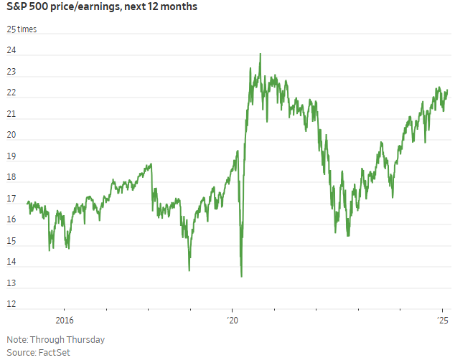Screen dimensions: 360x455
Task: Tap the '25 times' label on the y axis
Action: tap(22, 29)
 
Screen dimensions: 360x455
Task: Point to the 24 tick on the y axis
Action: tap(11, 52)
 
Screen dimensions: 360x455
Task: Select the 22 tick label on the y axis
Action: tap(11, 94)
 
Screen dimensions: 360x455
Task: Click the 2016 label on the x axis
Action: tap(64, 320)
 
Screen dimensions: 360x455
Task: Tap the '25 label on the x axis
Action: tap(443, 320)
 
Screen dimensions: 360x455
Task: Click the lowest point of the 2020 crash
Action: tap(241, 276)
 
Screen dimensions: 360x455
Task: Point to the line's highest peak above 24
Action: tap(260, 54)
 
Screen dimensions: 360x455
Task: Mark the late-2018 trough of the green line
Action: tap(189, 270)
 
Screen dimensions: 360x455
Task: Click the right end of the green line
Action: tap(447, 90)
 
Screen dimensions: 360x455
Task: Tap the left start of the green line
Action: tap(27, 203)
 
